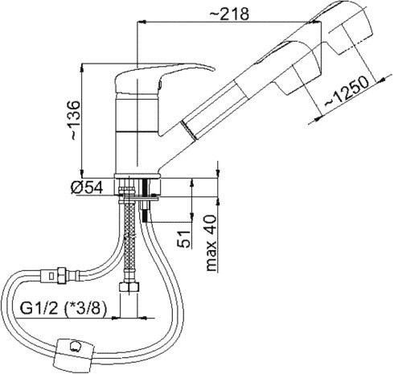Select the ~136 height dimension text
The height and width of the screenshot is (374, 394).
click(72, 120)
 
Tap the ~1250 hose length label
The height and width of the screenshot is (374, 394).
click(347, 91)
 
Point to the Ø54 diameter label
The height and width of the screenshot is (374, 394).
click(87, 187)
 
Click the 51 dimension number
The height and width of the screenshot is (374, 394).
click(184, 239)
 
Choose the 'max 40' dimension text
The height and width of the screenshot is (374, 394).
click(211, 243)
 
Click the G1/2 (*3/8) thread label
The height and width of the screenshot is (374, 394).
click(64, 309)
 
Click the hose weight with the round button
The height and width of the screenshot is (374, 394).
click(74, 351)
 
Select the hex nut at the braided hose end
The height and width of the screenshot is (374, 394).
click(129, 288)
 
